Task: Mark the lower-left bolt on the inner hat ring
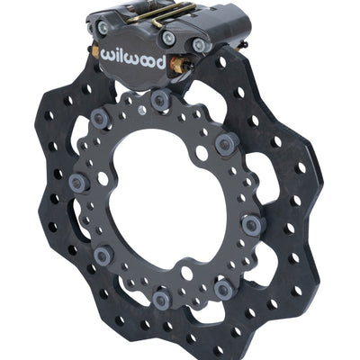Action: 102,256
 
